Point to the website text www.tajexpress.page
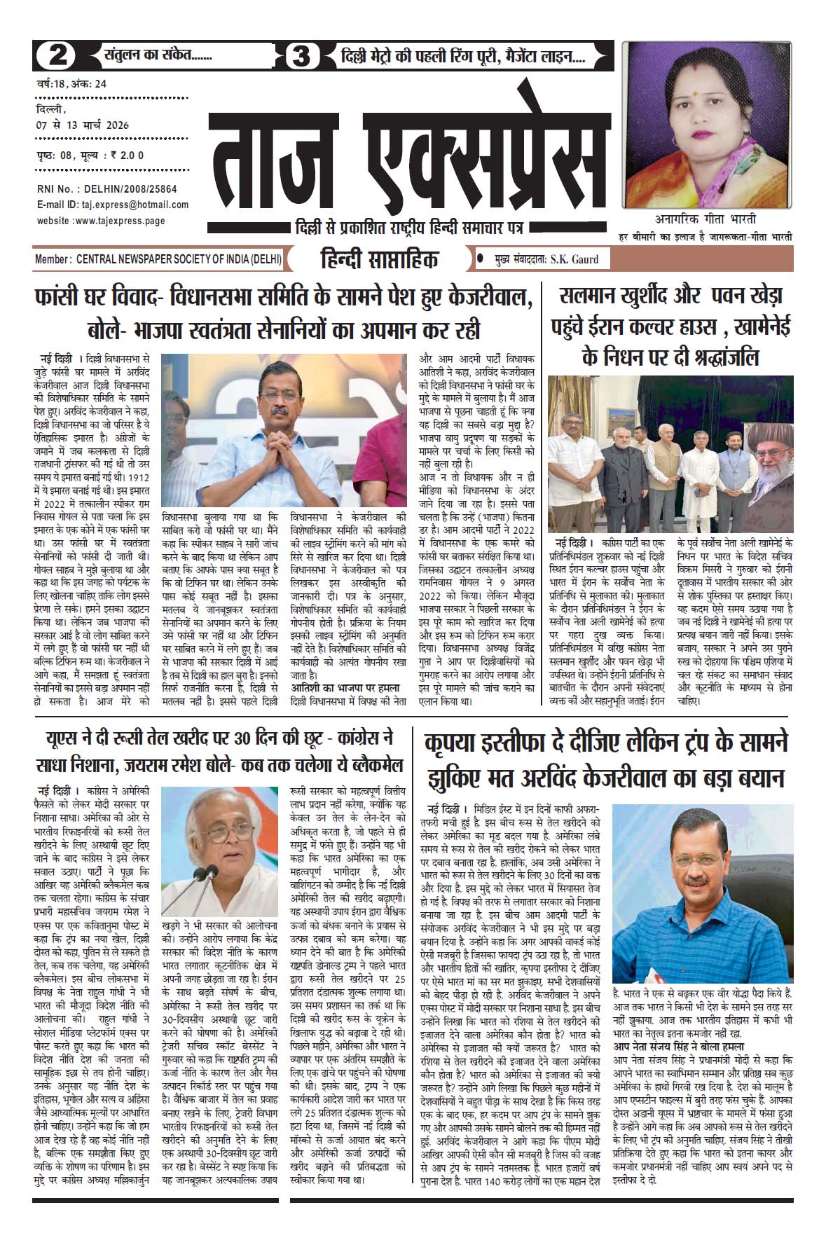pos(123,221)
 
